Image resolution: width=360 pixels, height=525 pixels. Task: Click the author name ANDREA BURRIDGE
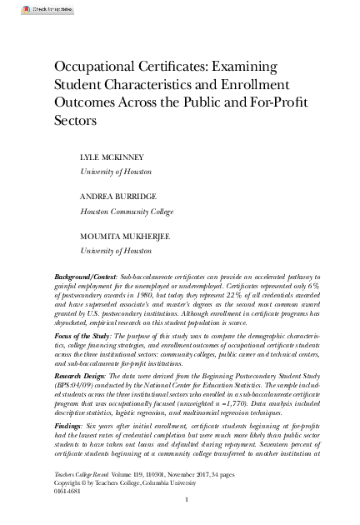coord(118,197)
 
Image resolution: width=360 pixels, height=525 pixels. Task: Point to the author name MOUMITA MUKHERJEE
coord(126,236)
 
